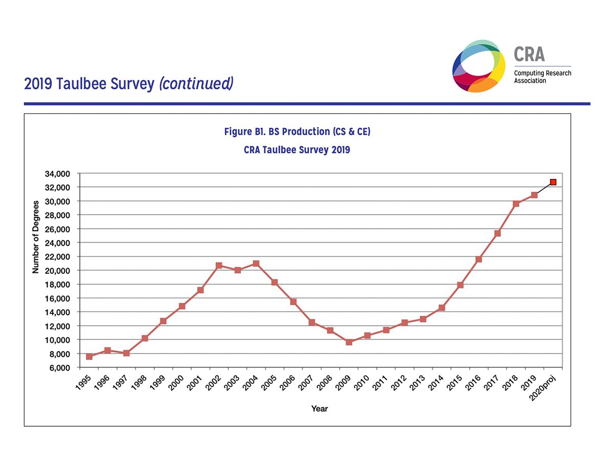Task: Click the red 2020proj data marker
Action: [553, 182]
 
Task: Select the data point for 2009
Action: [349, 342]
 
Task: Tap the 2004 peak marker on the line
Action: [256, 264]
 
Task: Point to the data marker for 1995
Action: [89, 356]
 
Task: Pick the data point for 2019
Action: [534, 195]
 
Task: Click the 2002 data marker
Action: [219, 265]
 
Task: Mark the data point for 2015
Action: [460, 285]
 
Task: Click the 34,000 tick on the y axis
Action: [57, 174]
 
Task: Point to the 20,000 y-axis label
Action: [57, 270]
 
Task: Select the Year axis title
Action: [320, 409]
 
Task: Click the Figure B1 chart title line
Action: [297, 132]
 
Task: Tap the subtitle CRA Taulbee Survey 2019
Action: [297, 150]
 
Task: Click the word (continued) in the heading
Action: [196, 84]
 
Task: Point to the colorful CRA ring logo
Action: [479, 65]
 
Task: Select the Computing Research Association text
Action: [542, 77]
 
